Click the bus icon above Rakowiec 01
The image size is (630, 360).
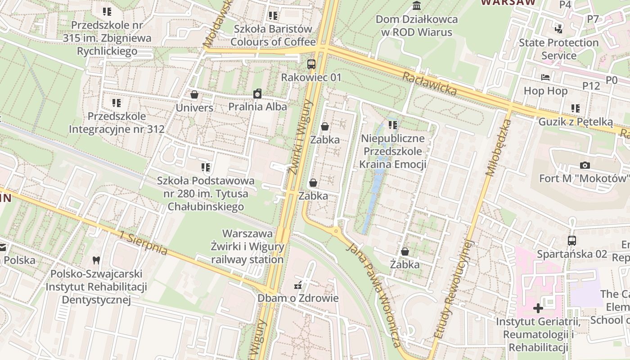(311, 64)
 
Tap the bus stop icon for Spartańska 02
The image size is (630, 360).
(571, 240)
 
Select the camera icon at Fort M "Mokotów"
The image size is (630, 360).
(585, 165)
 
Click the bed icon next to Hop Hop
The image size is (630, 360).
(545, 77)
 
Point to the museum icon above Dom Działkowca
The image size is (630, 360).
(417, 6)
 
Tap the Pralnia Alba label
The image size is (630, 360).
(257, 107)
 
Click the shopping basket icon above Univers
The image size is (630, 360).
(194, 94)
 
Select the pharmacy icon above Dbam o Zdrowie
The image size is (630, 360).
(297, 285)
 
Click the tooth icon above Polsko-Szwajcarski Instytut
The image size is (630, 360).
(95, 260)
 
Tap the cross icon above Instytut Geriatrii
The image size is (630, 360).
(538, 308)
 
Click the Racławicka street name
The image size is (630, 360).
(429, 84)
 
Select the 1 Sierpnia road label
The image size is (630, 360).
(144, 243)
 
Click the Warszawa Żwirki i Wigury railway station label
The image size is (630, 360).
(247, 247)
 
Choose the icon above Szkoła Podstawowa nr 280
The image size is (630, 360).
(206, 167)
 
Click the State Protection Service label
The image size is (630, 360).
(559, 49)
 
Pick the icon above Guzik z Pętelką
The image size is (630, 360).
(575, 108)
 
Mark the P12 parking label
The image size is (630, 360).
(591, 85)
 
